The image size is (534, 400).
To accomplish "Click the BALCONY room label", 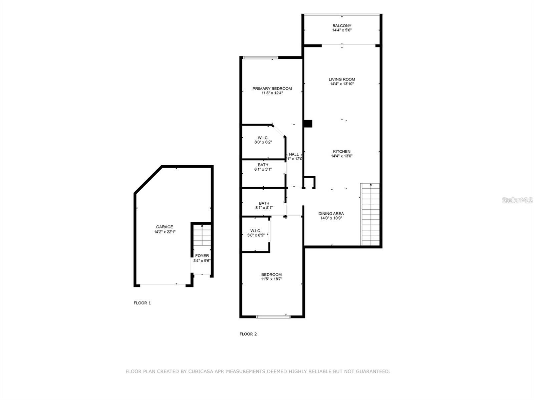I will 342,26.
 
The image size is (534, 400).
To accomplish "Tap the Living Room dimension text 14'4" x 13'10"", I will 342,84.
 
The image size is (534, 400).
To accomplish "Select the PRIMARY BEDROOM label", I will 272,88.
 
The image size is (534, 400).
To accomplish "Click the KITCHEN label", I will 342,151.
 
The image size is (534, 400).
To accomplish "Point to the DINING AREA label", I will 331,214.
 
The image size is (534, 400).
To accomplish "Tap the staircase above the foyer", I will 202,235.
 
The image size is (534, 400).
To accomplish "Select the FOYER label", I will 202,256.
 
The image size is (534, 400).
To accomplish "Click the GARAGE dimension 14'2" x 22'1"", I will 165,232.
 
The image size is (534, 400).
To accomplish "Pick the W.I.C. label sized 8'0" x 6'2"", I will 263,138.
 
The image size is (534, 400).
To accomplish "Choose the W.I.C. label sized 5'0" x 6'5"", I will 256,231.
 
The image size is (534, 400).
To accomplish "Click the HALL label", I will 294,154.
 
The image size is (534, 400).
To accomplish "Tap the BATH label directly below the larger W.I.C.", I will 263,165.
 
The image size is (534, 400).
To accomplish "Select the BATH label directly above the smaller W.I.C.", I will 264,203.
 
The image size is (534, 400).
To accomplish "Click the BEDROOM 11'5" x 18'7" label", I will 271,274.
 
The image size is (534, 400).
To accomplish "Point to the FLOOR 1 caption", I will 142,303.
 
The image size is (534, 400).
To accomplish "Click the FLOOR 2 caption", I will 248,334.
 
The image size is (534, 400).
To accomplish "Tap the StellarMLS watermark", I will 518,200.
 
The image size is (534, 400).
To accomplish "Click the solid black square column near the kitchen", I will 308,124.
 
